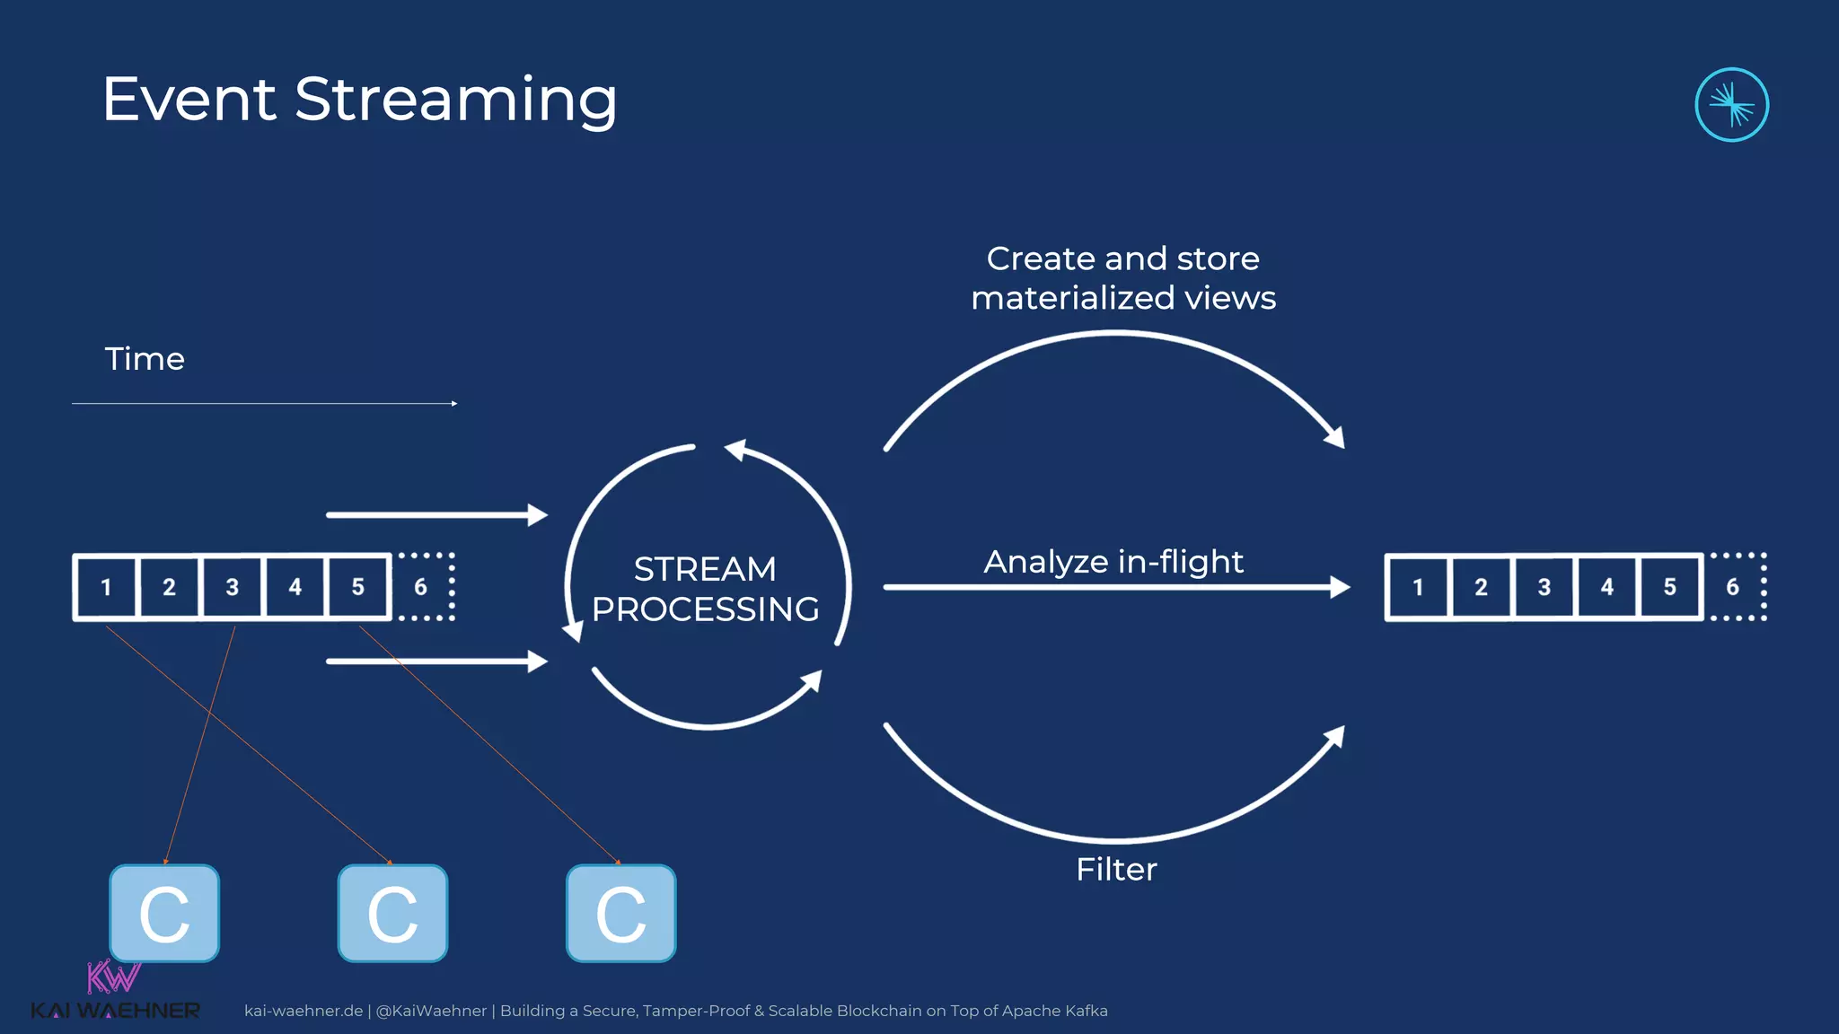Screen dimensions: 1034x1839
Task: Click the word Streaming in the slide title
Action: click(x=455, y=101)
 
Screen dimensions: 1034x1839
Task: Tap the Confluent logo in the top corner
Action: click(x=1731, y=105)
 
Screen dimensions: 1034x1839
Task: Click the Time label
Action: click(x=145, y=359)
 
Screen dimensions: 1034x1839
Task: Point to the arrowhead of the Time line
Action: click(x=454, y=404)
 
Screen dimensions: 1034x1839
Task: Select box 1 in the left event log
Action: click(x=106, y=587)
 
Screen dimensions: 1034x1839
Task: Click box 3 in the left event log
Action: click(x=232, y=587)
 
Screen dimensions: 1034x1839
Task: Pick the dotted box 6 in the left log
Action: click(x=422, y=587)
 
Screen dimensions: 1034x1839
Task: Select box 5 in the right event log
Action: click(x=1669, y=587)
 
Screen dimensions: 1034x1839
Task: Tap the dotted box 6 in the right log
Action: click(x=1734, y=587)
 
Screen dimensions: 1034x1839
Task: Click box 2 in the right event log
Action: click(x=1481, y=587)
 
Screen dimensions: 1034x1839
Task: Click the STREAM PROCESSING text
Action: click(x=705, y=589)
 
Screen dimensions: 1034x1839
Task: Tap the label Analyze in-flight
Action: click(x=1113, y=562)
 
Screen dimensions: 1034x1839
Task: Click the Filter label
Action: click(x=1116, y=869)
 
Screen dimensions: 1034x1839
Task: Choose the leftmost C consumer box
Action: click(x=164, y=914)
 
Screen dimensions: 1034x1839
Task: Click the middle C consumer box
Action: click(x=392, y=914)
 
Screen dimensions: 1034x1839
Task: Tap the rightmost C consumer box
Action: click(x=620, y=914)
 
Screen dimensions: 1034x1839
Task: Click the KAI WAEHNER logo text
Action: click(x=115, y=1011)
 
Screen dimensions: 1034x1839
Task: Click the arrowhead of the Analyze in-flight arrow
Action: click(x=1341, y=587)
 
